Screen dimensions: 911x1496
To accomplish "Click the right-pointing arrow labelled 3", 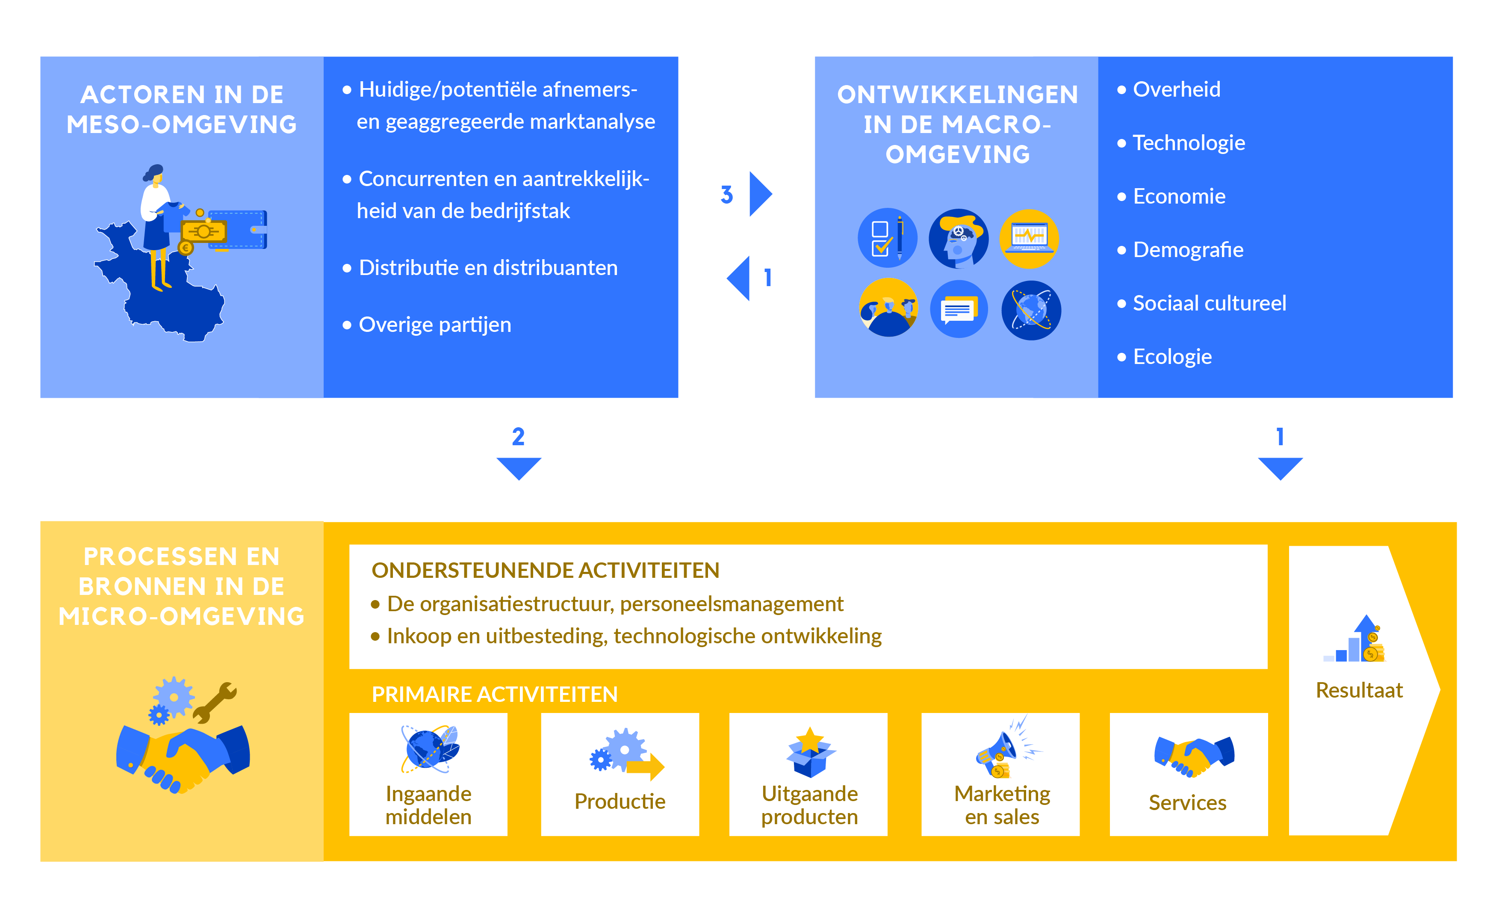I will pos(760,194).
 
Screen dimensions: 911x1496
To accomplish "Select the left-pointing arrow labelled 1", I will pos(740,278).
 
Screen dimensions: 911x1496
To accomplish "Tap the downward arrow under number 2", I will pos(519,467).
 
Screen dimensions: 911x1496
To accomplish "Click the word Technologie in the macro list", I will pos(1188,143).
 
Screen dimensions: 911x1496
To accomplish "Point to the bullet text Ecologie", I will pos(1172,357).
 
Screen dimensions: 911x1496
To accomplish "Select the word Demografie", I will pos(1188,250).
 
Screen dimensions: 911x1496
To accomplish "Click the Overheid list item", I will pos(1176,89).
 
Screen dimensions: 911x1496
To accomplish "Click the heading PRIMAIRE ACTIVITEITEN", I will pos(494,694).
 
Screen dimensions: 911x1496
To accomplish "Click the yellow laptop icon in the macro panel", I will pos(1029,238).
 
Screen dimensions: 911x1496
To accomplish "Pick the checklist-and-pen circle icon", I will pos(887,238).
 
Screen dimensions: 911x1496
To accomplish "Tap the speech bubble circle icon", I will pos(959,310).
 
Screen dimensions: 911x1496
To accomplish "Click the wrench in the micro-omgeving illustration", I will pos(215,701).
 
